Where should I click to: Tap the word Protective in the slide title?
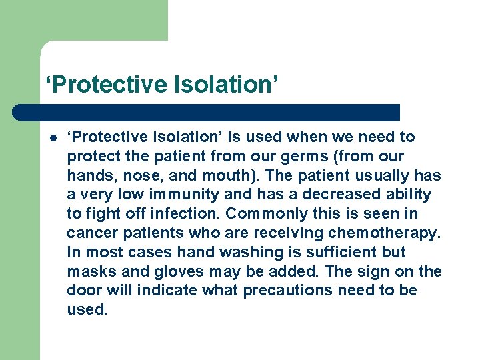tap(109, 85)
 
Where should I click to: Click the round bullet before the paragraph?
tap(51, 138)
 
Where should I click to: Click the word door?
tap(83, 291)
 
